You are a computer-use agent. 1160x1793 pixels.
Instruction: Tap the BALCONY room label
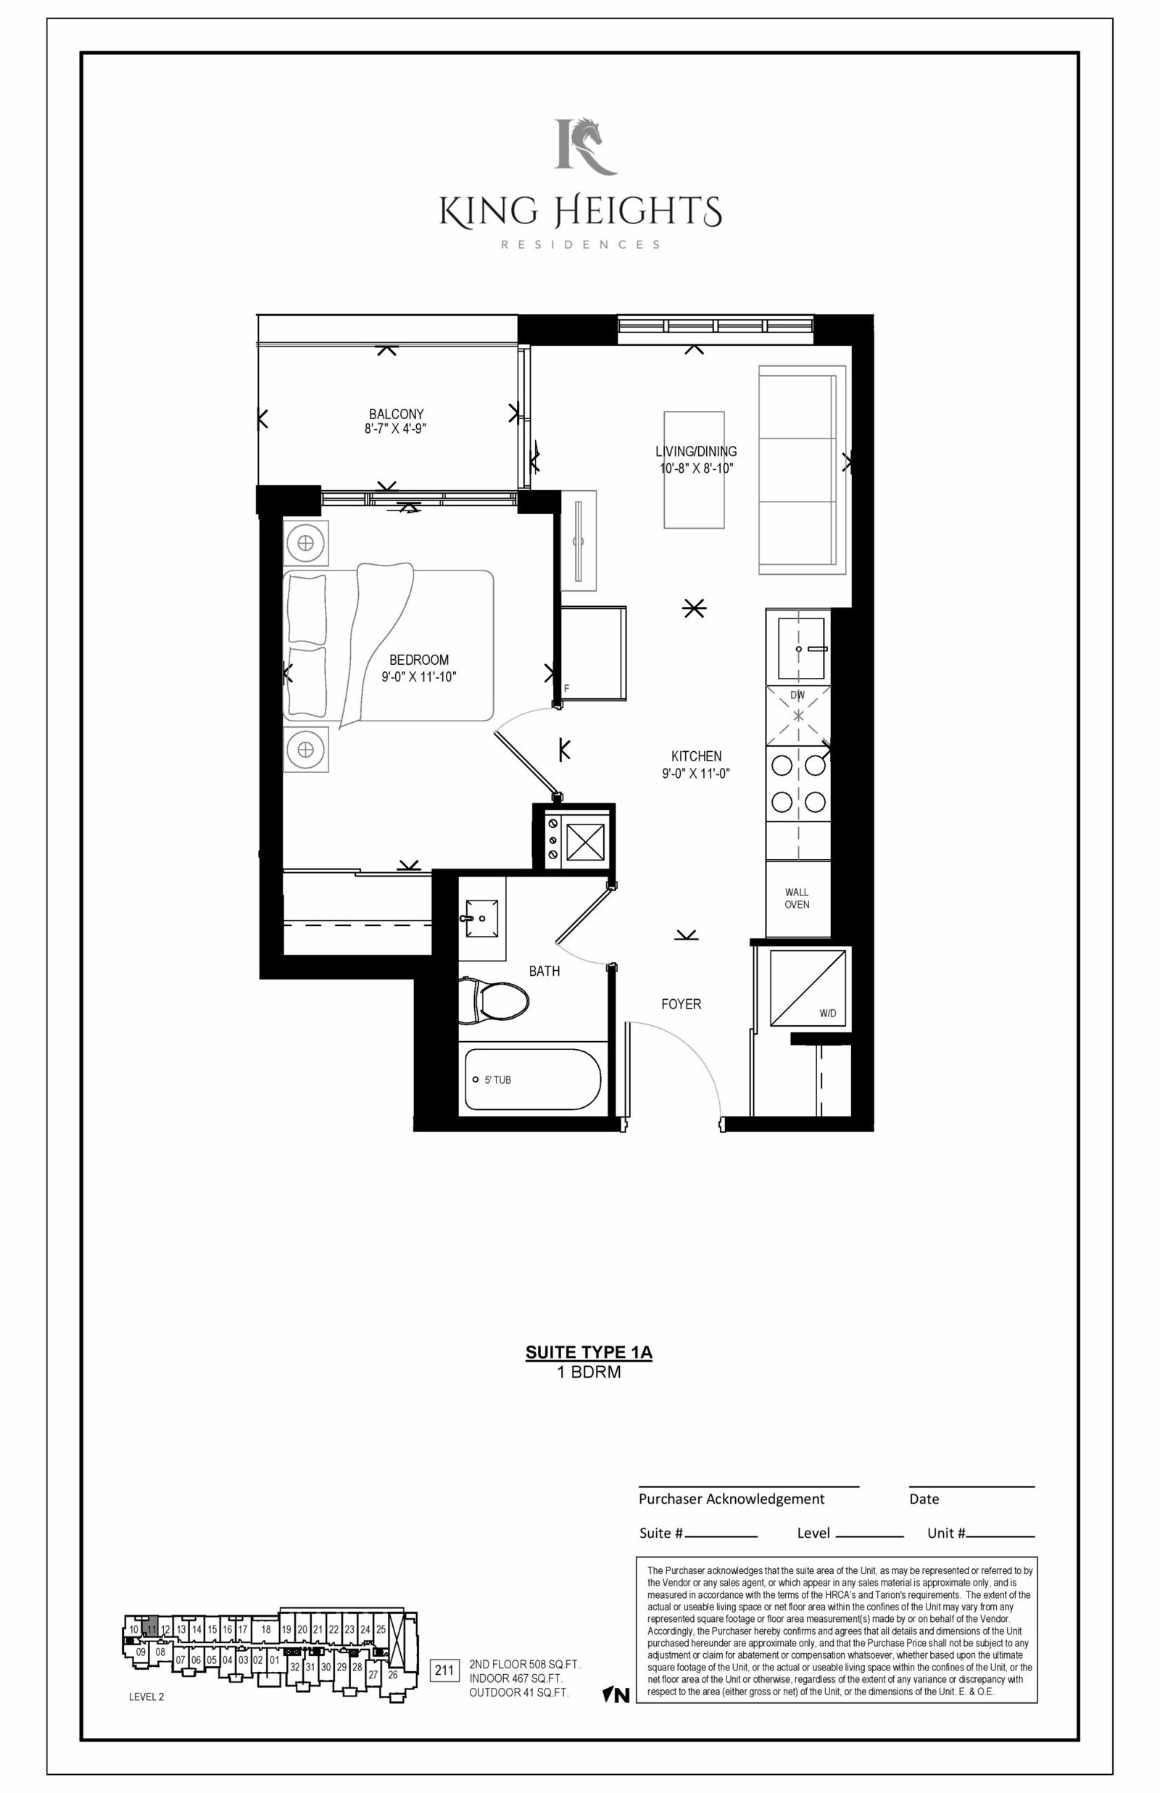click(396, 414)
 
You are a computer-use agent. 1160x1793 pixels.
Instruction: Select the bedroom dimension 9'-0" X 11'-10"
click(419, 676)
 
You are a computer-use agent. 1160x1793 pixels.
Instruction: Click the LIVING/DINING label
click(696, 452)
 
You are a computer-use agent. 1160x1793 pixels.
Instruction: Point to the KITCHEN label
click(697, 756)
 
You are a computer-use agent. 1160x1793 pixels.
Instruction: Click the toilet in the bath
click(494, 1000)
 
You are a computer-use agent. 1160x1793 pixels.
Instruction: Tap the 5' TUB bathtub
click(534, 1079)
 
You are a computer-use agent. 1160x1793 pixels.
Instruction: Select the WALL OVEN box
click(797, 898)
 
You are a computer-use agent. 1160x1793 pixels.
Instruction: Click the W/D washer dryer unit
click(807, 987)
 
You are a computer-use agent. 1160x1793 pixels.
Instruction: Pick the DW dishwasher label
click(797, 695)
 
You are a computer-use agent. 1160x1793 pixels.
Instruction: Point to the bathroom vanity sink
click(482, 918)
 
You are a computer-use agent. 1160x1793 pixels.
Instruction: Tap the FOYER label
click(681, 1004)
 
